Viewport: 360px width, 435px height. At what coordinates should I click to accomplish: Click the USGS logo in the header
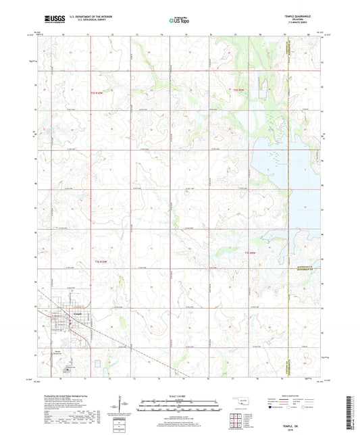click(50, 20)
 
